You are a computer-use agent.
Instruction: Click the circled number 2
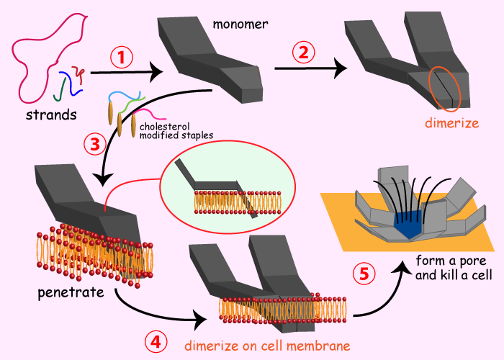click(304, 53)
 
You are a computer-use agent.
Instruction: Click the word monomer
click(240, 24)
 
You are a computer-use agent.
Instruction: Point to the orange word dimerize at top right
click(451, 123)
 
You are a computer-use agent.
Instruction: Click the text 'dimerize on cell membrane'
click(267, 346)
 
